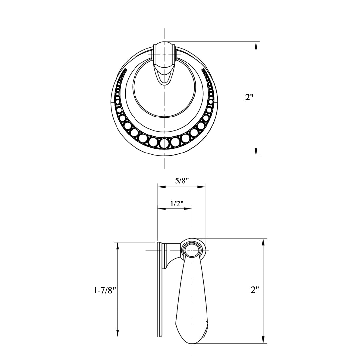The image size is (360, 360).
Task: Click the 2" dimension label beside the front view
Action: pos(249,98)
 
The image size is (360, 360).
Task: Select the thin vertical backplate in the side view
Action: pos(159,290)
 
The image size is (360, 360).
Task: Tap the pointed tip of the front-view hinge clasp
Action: pos(164,84)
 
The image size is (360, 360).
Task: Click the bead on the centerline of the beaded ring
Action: pos(164,142)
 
